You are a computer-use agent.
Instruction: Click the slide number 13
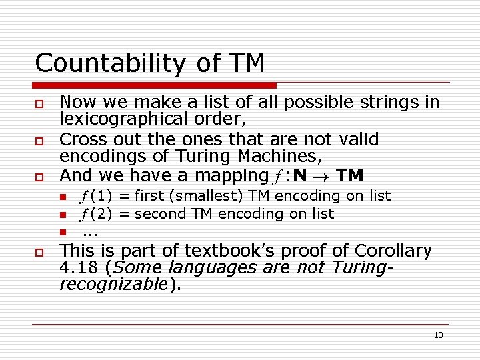438,335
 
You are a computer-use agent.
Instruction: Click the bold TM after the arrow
350,176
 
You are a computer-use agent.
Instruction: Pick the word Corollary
393,251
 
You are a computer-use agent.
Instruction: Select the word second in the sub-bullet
161,214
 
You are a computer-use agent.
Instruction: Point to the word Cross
81,139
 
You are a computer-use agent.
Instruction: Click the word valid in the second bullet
359,139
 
